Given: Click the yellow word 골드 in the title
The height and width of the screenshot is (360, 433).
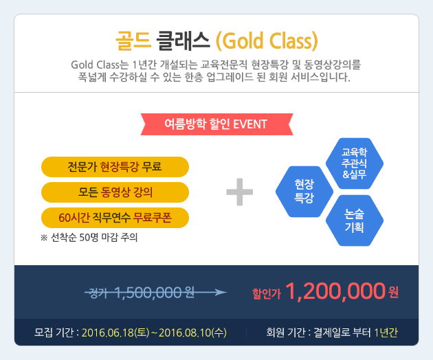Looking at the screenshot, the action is (133, 41).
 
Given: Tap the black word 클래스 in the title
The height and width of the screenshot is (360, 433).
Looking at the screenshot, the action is (183, 41).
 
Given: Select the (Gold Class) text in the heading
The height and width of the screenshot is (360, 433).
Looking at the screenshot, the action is (267, 41).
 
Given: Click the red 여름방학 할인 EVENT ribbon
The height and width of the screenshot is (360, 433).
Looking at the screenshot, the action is (216, 124).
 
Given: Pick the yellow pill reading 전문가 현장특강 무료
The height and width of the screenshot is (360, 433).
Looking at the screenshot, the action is (115, 167).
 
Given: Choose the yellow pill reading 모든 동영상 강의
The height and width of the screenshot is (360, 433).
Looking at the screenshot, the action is (115, 192).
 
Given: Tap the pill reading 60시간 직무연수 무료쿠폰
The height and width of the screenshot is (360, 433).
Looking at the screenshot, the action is (115, 218).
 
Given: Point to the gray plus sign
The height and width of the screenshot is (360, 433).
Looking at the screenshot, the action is (239, 192).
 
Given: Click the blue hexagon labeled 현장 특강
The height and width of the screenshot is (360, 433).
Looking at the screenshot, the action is (304, 191).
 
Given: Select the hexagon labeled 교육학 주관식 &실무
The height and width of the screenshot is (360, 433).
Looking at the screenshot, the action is (355, 163).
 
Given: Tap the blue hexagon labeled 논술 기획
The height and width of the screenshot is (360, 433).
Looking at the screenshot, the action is (355, 221).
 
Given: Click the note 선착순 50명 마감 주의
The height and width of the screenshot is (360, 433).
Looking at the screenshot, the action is (89, 237).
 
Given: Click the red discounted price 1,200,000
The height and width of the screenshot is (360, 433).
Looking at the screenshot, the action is (335, 291).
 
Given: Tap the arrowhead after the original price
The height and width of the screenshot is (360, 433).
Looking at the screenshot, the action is (221, 292).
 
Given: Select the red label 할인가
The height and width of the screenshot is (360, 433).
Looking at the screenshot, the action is (267, 294).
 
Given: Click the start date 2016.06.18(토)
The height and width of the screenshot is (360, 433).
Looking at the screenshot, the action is (115, 333).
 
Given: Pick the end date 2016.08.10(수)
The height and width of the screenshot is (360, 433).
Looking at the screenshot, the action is (192, 333).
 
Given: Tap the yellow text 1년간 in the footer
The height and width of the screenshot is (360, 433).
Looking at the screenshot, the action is (386, 333).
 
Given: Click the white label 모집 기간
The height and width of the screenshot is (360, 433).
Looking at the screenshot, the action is (54, 332).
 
